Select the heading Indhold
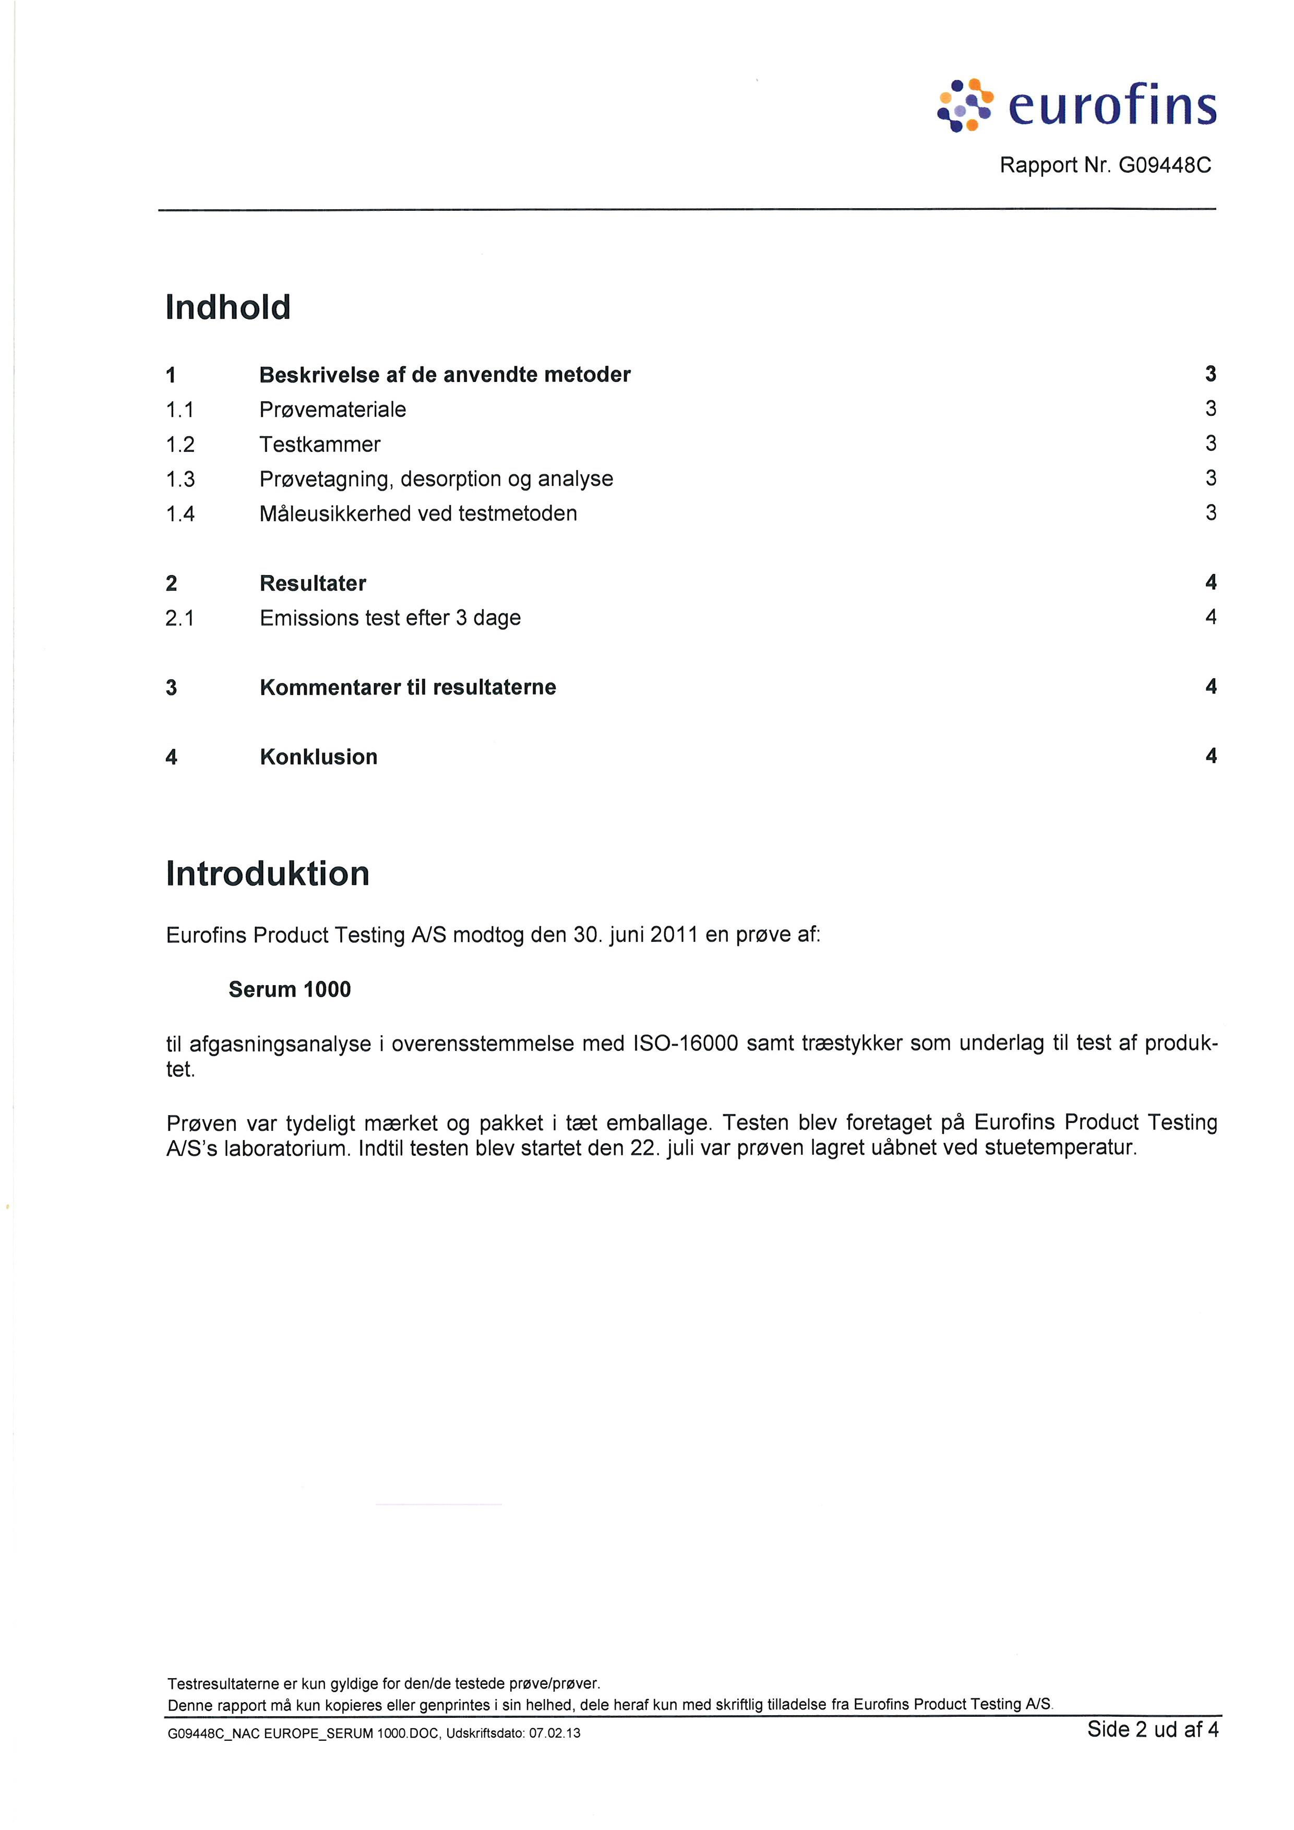click(x=228, y=308)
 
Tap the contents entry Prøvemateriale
click(x=332, y=410)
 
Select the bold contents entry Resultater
click(x=313, y=583)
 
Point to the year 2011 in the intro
click(x=674, y=935)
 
